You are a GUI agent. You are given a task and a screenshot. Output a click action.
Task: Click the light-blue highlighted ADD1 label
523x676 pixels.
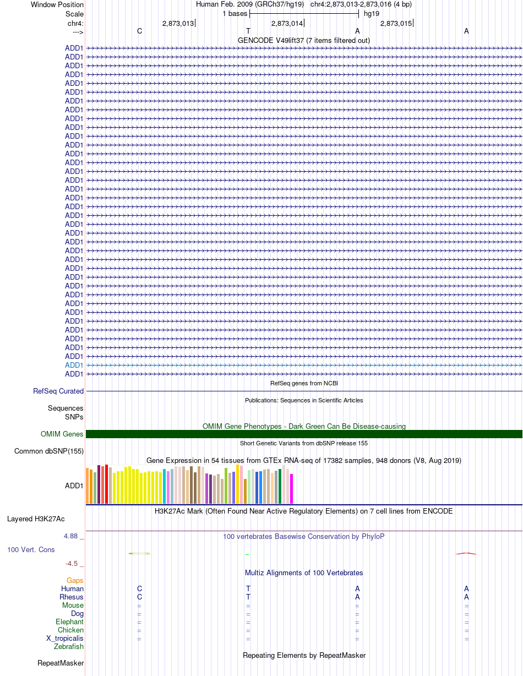[74, 365]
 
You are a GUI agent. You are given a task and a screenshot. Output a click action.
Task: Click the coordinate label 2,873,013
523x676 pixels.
[178, 24]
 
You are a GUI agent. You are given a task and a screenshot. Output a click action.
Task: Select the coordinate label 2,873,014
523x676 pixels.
[287, 24]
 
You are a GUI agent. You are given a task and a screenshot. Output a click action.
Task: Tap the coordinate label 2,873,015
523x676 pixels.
[396, 24]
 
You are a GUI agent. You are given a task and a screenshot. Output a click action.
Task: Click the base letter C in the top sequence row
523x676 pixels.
[139, 31]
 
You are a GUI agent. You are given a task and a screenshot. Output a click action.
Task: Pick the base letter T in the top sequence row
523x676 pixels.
[248, 31]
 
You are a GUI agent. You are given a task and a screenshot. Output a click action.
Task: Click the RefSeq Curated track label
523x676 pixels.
[58, 391]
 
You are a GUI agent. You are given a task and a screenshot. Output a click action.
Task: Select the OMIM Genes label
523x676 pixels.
[62, 434]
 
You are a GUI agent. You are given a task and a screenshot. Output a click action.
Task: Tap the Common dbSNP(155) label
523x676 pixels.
[49, 451]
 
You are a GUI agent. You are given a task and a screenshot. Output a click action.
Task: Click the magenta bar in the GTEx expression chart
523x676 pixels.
[292, 489]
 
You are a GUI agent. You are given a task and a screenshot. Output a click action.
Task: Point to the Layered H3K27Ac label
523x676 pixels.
[36, 519]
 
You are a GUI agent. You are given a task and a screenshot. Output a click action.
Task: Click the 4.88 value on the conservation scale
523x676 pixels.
[70, 536]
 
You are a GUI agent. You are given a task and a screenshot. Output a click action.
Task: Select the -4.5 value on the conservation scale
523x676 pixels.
[72, 564]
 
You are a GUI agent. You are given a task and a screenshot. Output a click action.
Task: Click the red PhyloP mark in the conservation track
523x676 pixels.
[466, 553]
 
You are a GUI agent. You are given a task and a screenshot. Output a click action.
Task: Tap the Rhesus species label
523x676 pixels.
[71, 597]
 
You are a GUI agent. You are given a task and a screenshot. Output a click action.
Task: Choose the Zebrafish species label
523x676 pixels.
[68, 646]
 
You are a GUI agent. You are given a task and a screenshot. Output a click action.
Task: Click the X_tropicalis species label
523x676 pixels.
[65, 639]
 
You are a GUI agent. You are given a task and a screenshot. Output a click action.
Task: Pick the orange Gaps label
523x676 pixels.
[75, 581]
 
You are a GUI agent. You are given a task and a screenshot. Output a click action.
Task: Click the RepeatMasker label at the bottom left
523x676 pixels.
[61, 663]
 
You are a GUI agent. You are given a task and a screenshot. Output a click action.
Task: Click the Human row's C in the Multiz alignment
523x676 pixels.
[139, 588]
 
